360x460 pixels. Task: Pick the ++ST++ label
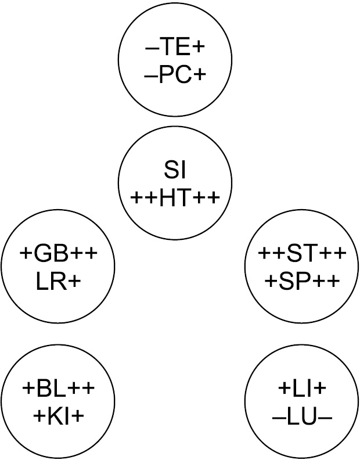click(x=302, y=255)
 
